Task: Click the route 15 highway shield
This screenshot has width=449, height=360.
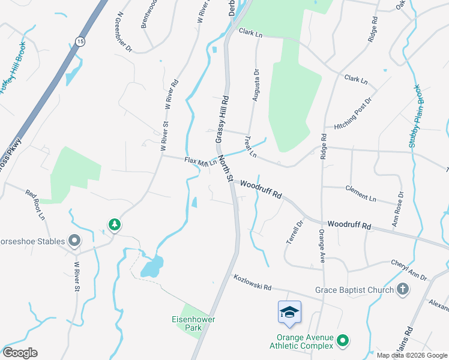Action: click(x=80, y=40)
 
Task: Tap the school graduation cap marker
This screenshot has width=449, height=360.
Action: click(x=289, y=312)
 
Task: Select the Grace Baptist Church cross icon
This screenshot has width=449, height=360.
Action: click(x=403, y=290)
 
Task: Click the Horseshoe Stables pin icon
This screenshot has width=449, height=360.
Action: click(x=74, y=241)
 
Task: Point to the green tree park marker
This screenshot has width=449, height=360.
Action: click(x=114, y=224)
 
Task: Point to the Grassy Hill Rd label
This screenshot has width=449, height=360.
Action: click(x=222, y=119)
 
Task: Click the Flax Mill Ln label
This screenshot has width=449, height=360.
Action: click(x=200, y=162)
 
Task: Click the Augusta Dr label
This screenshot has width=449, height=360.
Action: click(x=256, y=85)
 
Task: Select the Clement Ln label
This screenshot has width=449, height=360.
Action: click(x=361, y=193)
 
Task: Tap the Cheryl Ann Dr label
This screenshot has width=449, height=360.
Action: click(x=409, y=270)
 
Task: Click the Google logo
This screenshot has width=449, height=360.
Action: click(x=20, y=353)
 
